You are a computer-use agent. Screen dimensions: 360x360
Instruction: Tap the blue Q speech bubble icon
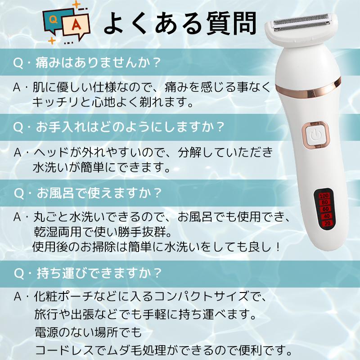tap(53, 19)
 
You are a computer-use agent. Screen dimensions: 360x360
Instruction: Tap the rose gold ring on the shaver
tap(310, 90)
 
